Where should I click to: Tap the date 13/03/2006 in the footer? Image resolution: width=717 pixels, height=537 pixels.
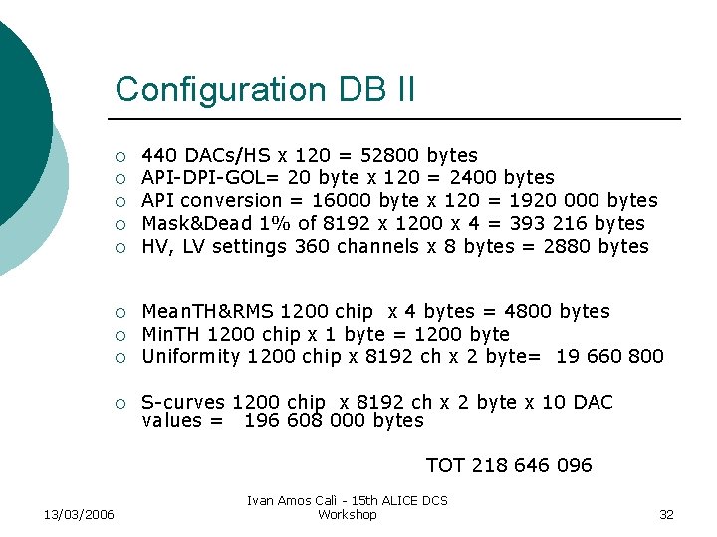tap(79, 514)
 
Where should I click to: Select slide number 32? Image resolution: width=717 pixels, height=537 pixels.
tap(666, 514)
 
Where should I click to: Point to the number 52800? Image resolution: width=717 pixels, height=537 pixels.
tap(386, 156)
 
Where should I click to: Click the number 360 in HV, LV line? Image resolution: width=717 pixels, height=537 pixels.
tap(313, 247)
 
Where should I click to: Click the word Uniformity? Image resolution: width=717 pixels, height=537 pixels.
tap(191, 357)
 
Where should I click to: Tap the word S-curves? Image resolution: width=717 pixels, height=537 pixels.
tap(183, 403)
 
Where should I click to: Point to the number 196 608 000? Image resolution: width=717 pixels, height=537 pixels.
tap(305, 421)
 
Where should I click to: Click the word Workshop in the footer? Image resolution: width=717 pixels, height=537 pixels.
tap(347, 514)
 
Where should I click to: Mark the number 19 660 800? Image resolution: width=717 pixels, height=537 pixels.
tap(610, 357)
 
